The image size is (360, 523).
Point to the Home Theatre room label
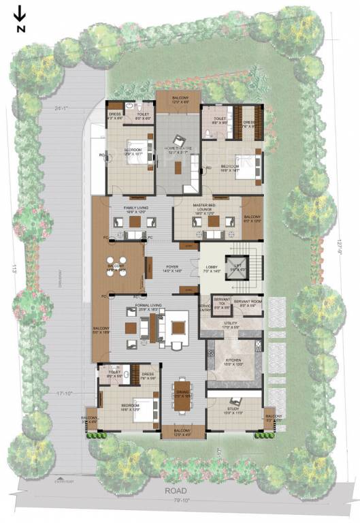click(x=178, y=148)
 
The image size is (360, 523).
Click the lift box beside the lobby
click(x=238, y=268)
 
